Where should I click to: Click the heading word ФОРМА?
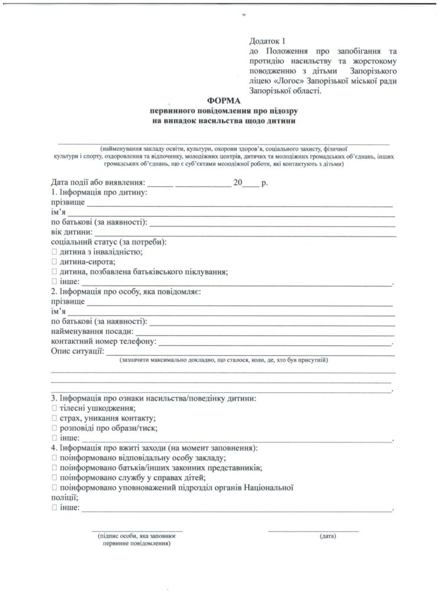[220, 101]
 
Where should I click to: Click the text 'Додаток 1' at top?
[267, 41]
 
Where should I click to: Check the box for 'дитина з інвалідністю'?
[54, 252]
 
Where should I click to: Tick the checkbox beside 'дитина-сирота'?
[54, 262]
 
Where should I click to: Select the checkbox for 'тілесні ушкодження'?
[54, 409]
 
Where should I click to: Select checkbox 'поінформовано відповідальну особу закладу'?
[54, 458]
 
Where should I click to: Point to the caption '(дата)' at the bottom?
[327, 536]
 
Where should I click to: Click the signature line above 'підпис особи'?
[137, 530]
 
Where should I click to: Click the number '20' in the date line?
[238, 183]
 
